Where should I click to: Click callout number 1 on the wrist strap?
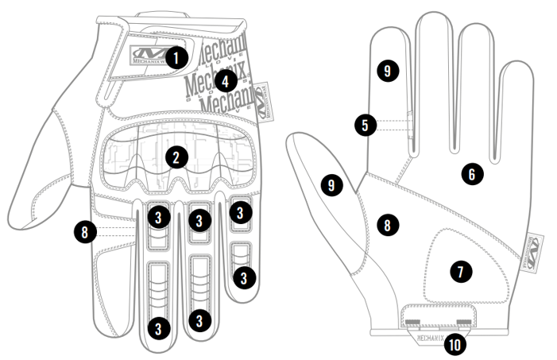[x=176, y=56]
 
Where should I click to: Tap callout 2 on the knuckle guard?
[x=176, y=157]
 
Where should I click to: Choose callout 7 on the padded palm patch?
[x=458, y=270]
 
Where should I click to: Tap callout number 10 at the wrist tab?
[x=455, y=343]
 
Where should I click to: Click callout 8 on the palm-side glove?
[x=387, y=225]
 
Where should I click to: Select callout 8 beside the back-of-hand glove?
[x=84, y=232]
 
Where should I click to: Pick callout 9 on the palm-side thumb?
[x=331, y=185]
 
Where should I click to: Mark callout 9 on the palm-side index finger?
[x=387, y=72]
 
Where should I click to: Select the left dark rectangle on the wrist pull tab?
[x=412, y=321]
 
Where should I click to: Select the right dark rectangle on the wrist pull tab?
[x=465, y=321]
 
